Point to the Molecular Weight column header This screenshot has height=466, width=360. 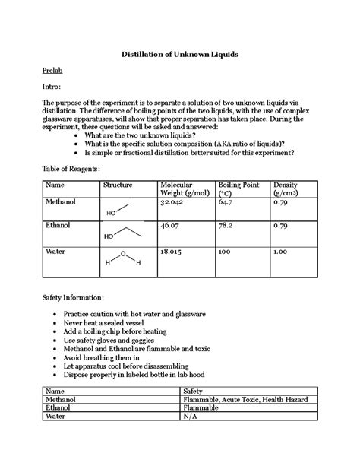click(177, 189)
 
